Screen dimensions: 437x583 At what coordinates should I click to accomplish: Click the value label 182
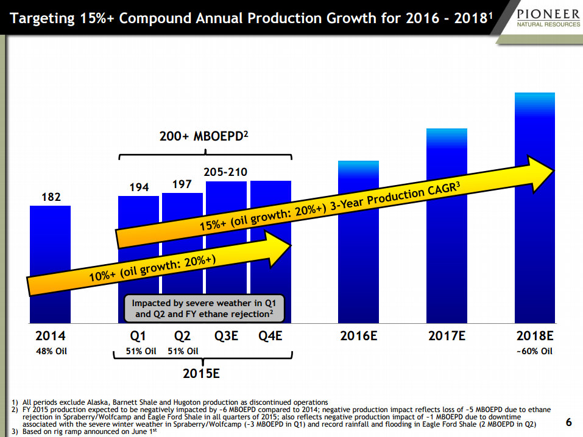[50, 197]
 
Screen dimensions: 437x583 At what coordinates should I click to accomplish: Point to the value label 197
[182, 184]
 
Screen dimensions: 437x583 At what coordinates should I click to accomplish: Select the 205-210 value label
[227, 172]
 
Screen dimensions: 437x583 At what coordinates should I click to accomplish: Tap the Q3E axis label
[227, 336]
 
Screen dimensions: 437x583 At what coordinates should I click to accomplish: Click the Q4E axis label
[270, 336]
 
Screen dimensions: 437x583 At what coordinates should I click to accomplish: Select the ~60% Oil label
[534, 351]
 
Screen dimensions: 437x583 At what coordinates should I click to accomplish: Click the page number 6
[568, 422]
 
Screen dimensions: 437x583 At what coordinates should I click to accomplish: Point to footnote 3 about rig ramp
[85, 432]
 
